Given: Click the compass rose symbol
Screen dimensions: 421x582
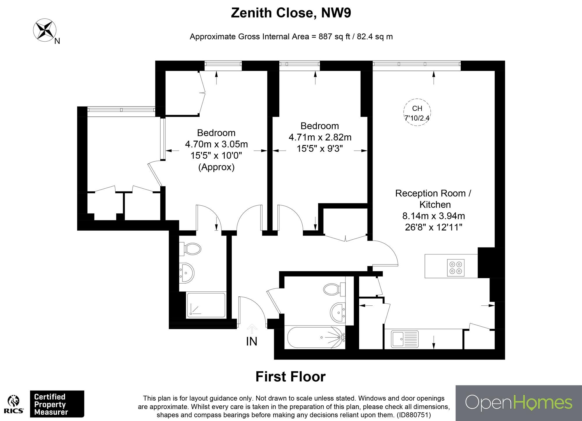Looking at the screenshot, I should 45,29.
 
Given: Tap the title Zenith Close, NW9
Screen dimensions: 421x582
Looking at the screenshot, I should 291,13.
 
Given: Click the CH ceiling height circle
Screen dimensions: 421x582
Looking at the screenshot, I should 417,112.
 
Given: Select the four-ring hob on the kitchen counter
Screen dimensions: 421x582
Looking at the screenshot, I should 456,268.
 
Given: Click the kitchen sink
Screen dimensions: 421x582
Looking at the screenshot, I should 404,339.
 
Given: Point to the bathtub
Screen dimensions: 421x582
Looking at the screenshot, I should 316,338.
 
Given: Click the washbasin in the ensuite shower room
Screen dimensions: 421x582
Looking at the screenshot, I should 186,273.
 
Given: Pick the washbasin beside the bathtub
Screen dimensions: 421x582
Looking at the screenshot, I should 338,312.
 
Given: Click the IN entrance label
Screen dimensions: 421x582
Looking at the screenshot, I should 252,341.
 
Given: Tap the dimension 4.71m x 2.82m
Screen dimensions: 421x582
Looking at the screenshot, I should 320,137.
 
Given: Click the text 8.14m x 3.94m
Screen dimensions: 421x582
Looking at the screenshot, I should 433,216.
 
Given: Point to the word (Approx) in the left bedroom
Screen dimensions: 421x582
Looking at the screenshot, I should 216,167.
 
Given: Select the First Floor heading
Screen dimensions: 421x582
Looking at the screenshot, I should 290,376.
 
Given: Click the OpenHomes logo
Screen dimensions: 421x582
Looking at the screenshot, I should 518,403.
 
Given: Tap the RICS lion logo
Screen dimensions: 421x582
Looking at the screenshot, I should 14,404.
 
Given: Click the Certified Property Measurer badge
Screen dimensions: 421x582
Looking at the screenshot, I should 57,404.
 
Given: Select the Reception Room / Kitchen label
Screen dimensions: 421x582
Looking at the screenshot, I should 433,199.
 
